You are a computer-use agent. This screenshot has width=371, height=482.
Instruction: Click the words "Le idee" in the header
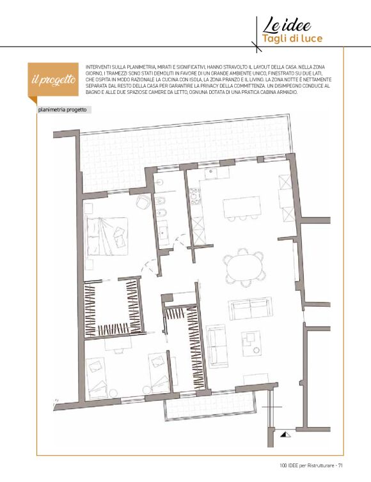click(x=287, y=26)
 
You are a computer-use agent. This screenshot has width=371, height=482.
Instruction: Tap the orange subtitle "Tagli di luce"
click(x=292, y=39)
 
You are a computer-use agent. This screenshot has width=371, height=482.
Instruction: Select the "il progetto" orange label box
click(x=53, y=80)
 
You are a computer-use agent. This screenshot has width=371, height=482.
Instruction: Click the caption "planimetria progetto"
click(x=63, y=109)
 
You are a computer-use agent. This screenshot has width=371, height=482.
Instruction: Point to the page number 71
click(x=340, y=465)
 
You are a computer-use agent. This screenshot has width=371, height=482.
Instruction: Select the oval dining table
click(x=244, y=267)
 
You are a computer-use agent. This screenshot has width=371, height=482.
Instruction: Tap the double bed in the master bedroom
click(x=107, y=236)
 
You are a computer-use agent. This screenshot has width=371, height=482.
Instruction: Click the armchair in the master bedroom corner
click(x=143, y=201)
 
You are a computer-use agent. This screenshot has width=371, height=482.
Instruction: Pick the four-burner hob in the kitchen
click(x=194, y=196)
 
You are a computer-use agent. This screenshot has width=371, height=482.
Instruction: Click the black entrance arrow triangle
click(x=285, y=434)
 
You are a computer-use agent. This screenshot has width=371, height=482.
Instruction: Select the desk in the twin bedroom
click(x=118, y=345)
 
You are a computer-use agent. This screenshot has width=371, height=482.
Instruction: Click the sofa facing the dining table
click(x=250, y=308)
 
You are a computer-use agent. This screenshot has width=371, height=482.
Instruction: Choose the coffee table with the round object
click(x=251, y=343)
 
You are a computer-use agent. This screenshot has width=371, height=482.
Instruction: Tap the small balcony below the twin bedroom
click(x=210, y=406)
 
